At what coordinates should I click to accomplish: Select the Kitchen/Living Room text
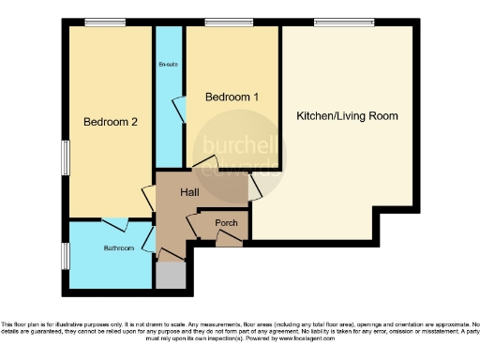pyautogui.click(x=347, y=116)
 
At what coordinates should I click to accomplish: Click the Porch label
pyautogui.click(x=226, y=223)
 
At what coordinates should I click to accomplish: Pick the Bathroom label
pyautogui.click(x=118, y=248)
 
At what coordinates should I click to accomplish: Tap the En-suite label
pyautogui.click(x=169, y=65)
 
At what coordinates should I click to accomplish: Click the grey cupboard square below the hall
pyautogui.click(x=171, y=276)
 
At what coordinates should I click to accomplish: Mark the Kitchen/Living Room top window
pyautogui.click(x=339, y=22)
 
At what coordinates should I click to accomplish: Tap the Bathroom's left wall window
pyautogui.click(x=65, y=254)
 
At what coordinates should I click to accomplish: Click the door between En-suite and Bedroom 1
pyautogui.click(x=185, y=111)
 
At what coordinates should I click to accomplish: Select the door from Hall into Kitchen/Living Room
pyautogui.click(x=254, y=188)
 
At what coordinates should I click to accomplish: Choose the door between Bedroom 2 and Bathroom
pyautogui.click(x=115, y=223)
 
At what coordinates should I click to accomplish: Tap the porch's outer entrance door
pyautogui.click(x=226, y=241)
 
